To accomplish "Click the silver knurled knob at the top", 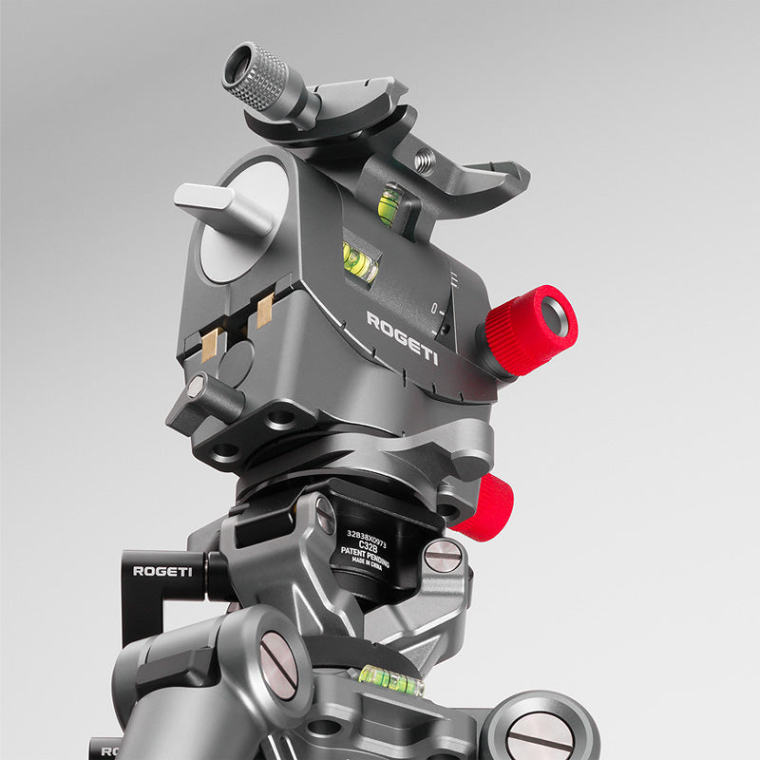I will coord(254,77).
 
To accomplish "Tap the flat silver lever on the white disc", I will coord(215,205).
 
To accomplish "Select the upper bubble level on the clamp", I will coord(389,204).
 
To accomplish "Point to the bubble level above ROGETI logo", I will coord(359,262).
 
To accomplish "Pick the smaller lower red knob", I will coord(486,507).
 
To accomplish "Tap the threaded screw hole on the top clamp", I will coord(425,162).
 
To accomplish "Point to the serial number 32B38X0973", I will coord(369,534).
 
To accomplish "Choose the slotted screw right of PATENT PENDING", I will coord(442,556).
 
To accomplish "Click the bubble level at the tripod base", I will coord(390,678).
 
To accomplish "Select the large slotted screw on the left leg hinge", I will coord(278,665).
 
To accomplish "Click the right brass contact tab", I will coord(263,310).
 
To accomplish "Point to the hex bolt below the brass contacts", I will coord(196,387).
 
